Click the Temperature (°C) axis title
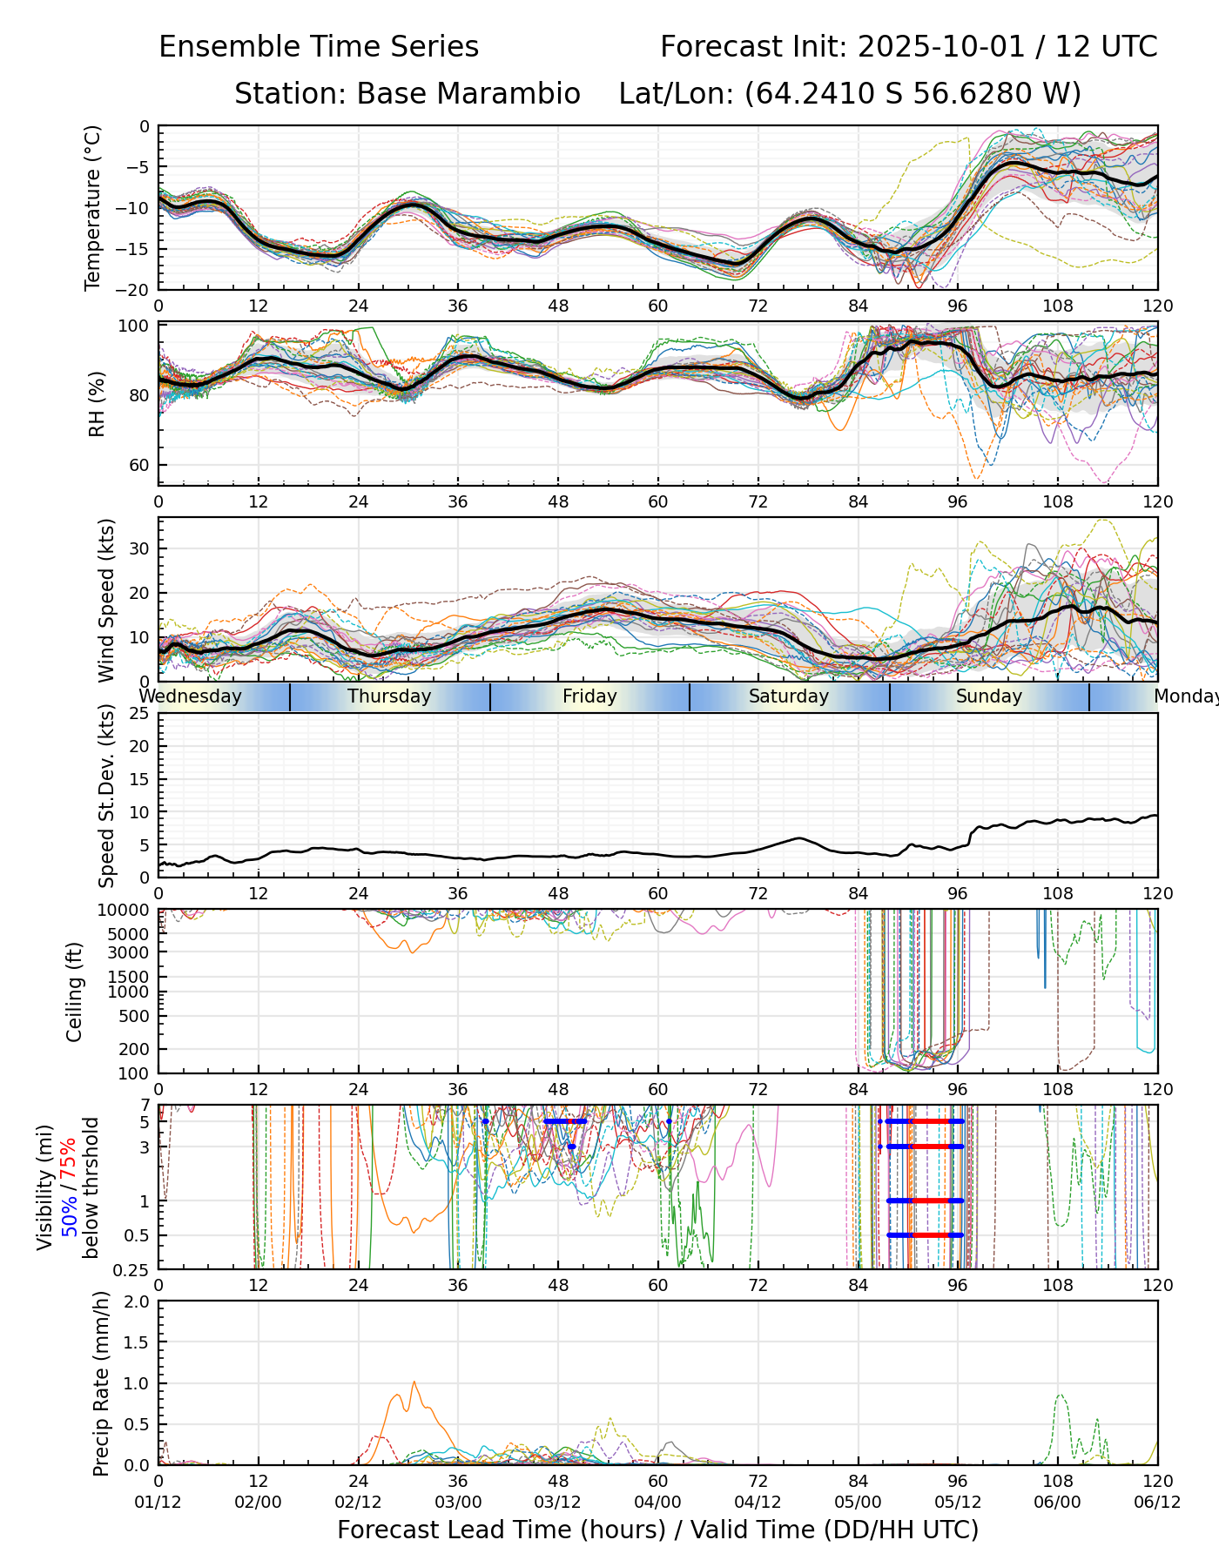click(93, 207)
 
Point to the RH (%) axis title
click(97, 403)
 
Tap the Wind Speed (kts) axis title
click(106, 600)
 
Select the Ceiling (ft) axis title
click(75, 992)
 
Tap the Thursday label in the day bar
click(389, 696)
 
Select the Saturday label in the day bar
click(789, 696)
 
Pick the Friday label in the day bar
click(589, 696)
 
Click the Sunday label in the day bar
click(988, 696)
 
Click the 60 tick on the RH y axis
click(139, 465)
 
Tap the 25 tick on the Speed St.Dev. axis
click(139, 714)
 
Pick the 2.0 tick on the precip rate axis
click(138, 1301)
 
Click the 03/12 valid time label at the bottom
click(558, 1502)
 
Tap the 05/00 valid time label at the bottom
click(858, 1502)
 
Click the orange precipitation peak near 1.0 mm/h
click(414, 1382)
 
